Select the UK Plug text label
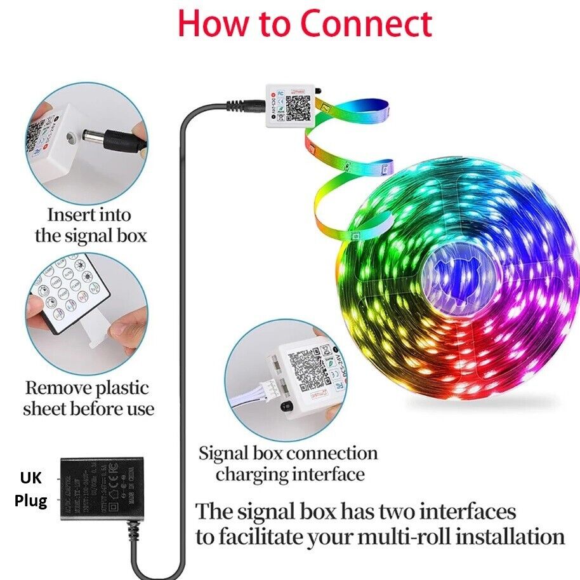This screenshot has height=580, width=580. pyautogui.click(x=31, y=489)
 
